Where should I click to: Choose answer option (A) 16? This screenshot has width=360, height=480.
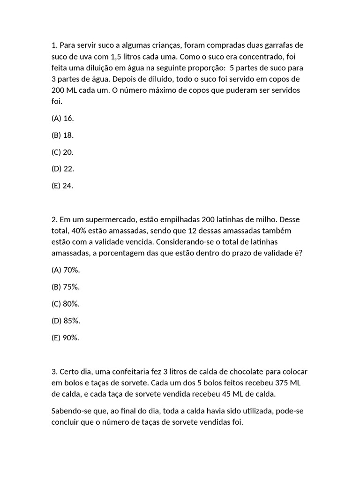[62, 118]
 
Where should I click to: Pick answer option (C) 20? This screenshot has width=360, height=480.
[62, 152]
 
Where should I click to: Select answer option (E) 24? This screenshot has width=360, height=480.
[62, 186]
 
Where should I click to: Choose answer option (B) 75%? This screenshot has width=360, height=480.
[66, 287]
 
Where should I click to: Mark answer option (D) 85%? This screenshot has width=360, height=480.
[66, 321]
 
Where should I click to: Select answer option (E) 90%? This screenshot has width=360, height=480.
[66, 337]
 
